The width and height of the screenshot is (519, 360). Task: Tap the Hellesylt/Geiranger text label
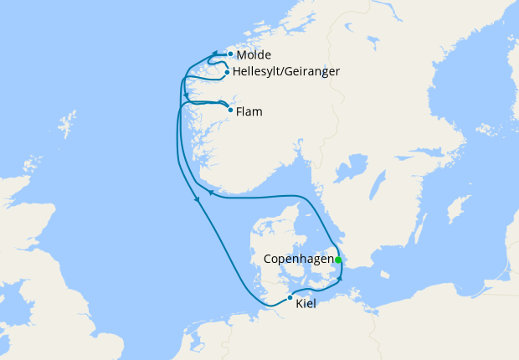click(285, 72)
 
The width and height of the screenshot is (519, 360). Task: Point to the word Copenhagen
click(299, 260)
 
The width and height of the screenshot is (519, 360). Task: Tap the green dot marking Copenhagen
click(338, 260)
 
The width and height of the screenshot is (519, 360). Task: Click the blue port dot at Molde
click(230, 54)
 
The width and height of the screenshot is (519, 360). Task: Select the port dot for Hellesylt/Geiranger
click(227, 73)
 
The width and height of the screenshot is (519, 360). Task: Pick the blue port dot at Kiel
click(290, 298)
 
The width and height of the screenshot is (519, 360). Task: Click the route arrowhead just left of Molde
click(214, 54)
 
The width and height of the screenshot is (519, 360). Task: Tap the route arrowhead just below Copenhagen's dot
click(340, 276)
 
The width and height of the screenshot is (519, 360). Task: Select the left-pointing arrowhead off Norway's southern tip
click(212, 193)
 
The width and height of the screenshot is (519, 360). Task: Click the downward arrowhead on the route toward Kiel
click(197, 199)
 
